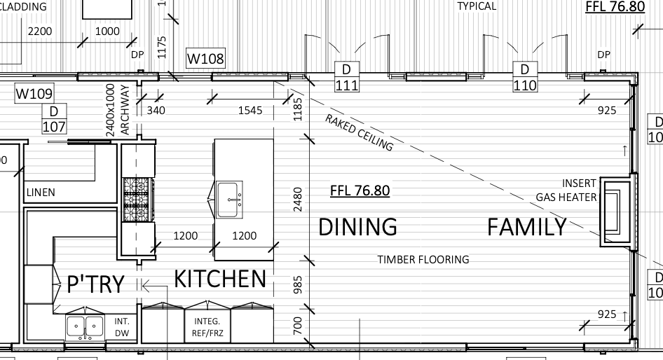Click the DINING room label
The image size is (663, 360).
point(357,227)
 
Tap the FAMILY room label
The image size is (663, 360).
point(527,227)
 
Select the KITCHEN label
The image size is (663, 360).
point(220,279)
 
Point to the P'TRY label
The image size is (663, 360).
point(95,284)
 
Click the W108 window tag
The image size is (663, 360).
point(205,58)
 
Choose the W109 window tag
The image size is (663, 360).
point(34,93)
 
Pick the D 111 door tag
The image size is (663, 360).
point(347,77)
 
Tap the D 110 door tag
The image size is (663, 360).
point(525,77)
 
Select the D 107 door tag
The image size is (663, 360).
point(54,119)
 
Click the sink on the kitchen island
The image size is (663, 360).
point(229,200)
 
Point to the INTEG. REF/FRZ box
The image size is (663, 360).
point(207,327)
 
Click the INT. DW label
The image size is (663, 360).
point(122,327)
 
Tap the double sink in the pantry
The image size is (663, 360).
point(85,327)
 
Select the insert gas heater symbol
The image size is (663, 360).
point(615,212)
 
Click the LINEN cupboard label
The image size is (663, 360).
point(41,193)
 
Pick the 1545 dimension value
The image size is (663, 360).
point(250,111)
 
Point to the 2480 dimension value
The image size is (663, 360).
point(298,200)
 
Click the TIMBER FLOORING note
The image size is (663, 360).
point(423,259)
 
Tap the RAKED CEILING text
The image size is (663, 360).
point(359,132)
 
